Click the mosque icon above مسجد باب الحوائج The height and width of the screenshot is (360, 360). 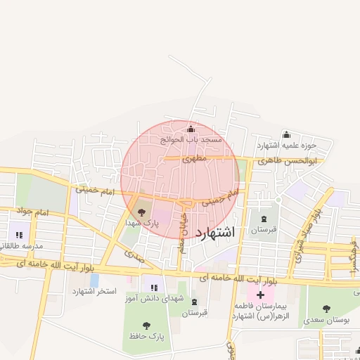point(192,129)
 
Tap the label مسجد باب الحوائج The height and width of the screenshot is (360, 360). point(191,139)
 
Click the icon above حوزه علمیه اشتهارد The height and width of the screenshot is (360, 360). point(286,135)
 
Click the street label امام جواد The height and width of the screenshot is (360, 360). point(32,212)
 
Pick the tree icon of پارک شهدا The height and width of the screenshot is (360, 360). point(142,211)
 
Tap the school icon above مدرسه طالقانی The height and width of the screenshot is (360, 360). point(15,235)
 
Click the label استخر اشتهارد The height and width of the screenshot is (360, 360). point(92,291)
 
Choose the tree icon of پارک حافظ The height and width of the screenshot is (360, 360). point(146,326)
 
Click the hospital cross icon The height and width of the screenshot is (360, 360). point(259,294)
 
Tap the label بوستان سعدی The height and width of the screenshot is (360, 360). point(328,320)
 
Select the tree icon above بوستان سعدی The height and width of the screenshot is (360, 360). point(326,309)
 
